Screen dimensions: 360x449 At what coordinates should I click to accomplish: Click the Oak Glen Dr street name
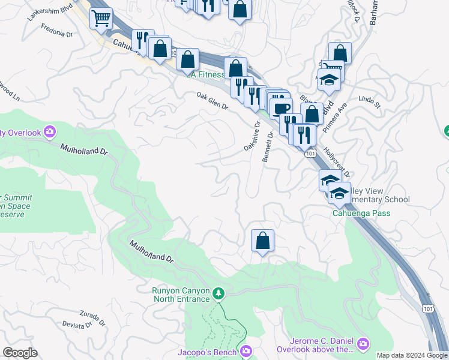click(x=212, y=100)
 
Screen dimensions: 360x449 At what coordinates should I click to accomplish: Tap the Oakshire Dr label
click(x=252, y=137)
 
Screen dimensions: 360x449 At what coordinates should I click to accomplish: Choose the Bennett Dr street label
click(x=268, y=147)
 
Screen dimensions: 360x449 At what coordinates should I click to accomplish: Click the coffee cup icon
click(x=280, y=109)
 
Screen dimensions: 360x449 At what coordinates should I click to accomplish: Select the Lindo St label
click(x=369, y=101)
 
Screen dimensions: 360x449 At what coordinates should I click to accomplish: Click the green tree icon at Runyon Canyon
click(x=219, y=293)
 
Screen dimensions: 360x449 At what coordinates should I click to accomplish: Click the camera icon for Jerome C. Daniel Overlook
click(x=363, y=344)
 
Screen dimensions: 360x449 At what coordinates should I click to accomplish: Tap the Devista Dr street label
click(x=76, y=325)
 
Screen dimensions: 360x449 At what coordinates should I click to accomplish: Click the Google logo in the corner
click(x=20, y=353)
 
